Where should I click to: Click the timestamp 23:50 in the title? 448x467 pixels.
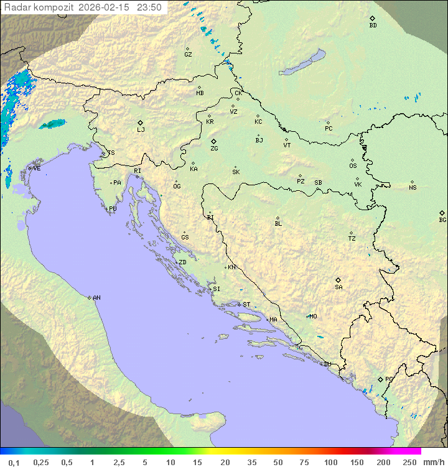click(149, 7)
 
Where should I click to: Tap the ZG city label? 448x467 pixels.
click(214, 149)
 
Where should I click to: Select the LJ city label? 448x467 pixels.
click(141, 129)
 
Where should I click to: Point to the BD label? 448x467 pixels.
click(373, 25)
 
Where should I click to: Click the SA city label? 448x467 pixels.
click(338, 287)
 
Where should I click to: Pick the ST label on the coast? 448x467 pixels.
click(246, 305)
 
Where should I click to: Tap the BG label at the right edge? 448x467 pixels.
click(442, 220)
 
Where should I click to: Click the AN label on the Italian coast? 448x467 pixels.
click(96, 298)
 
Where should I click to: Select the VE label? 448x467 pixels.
click(37, 169)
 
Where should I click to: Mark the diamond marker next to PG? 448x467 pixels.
click(380, 379)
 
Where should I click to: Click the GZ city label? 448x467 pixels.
click(188, 55)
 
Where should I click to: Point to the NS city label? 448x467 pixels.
click(413, 188)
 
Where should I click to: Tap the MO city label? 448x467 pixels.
click(313, 316)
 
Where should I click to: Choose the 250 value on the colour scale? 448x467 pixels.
click(409, 462)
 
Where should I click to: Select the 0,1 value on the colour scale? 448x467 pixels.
click(14, 462)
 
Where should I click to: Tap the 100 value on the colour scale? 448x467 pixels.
click(330, 462)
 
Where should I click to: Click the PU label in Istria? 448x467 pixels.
click(113, 209)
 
